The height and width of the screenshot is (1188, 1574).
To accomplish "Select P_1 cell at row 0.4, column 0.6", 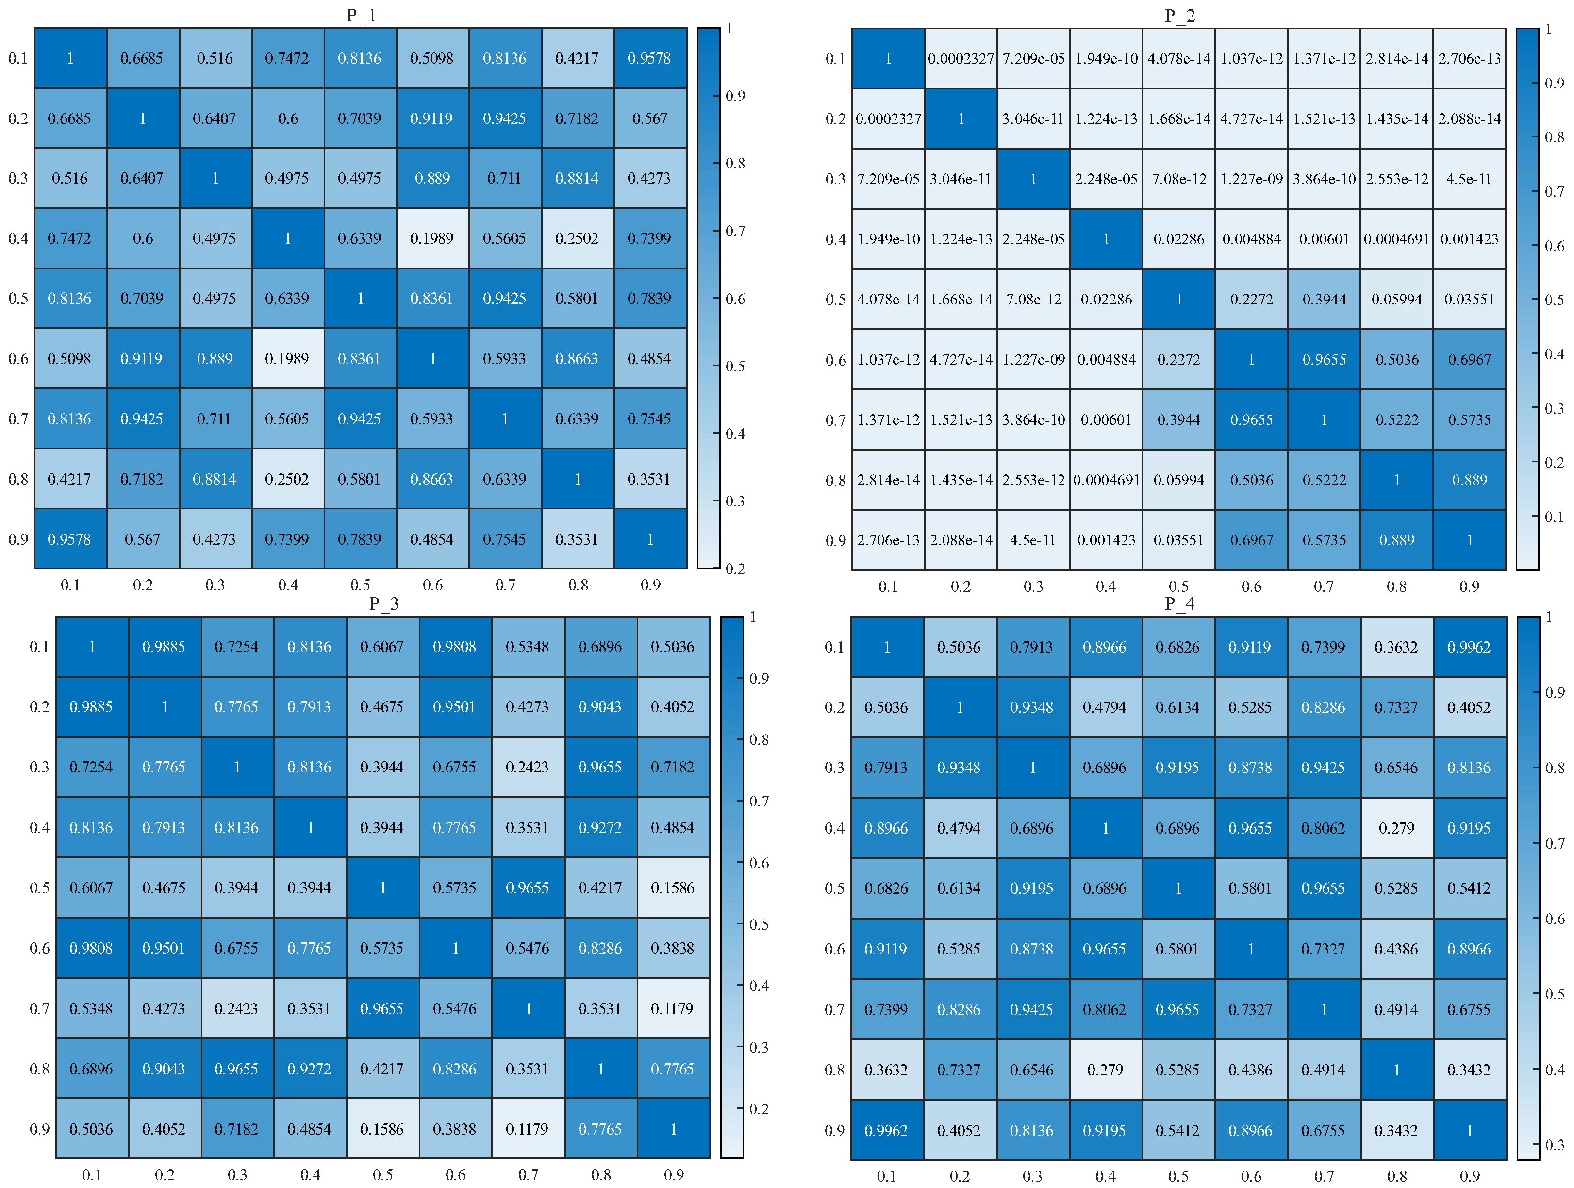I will pos(432,238).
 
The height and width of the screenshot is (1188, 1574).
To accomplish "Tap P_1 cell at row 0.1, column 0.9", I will pos(650,58).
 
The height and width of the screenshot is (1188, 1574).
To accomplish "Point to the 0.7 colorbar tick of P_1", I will pos(735,231).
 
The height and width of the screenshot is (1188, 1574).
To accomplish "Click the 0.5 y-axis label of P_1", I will pos(18,298).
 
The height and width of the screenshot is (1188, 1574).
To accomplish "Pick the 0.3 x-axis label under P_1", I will pos(215,585).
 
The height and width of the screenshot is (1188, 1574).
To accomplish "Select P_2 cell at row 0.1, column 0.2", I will pos(961,58).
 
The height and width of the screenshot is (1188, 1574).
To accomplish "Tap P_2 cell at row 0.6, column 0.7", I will pos(1324,359).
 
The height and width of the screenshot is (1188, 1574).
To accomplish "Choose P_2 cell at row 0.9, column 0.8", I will pos(1396,539).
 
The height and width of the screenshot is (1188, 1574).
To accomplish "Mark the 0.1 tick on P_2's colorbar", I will pos(1554,516).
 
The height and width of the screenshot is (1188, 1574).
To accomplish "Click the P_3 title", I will pos(383,603).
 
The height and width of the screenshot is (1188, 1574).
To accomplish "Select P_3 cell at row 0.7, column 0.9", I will pos(672,1009).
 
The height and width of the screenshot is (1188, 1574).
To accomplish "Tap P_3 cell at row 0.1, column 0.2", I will pos(165,646).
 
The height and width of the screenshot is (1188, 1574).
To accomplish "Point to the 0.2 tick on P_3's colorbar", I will pos(759,1108).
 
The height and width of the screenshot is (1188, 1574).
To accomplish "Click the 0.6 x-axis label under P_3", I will pos(455,1174).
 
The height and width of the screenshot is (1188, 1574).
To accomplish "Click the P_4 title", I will pos(1179,603).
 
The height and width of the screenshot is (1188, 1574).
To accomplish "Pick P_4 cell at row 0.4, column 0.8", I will pos(1396,828).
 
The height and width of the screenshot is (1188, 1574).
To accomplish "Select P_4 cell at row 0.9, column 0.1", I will pos(887,1130).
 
